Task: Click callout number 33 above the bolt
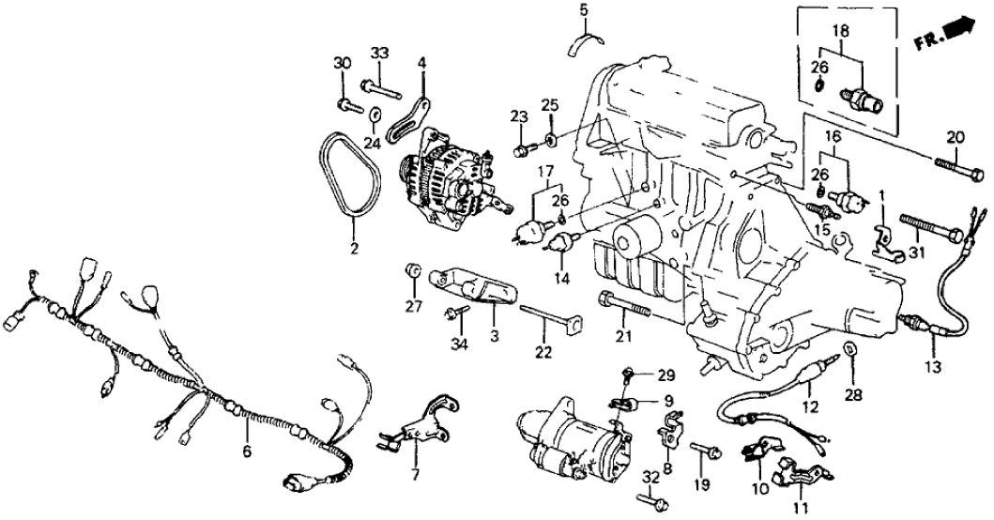click(379, 53)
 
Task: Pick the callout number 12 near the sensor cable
click(810, 406)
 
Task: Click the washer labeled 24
click(375, 115)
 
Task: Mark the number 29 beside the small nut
click(665, 376)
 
